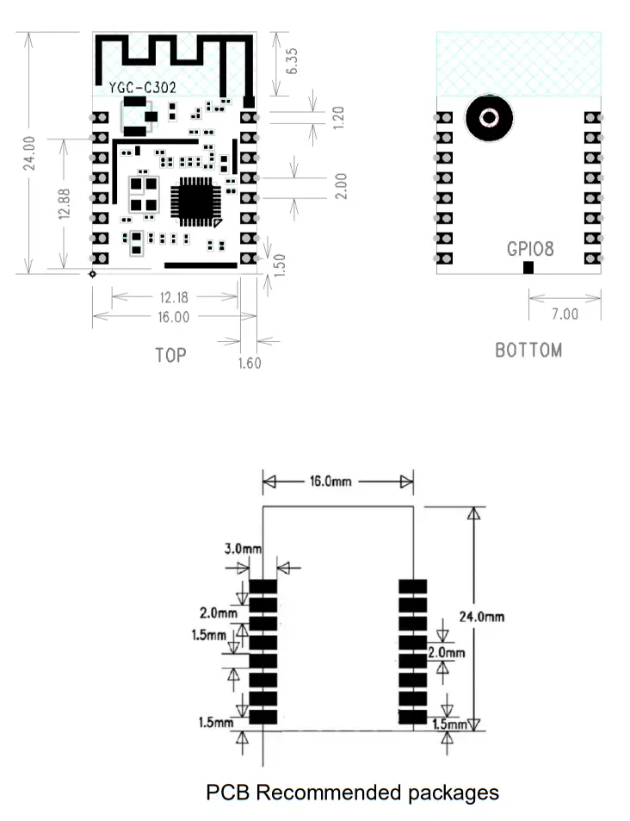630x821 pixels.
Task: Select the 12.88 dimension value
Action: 63,203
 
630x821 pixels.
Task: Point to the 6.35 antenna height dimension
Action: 293,61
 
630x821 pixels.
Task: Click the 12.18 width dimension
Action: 174,297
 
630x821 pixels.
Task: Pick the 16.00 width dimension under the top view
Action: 174,317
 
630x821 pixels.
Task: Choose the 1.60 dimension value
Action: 249,363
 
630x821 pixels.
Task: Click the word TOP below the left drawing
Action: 170,354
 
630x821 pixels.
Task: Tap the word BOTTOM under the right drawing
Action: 528,351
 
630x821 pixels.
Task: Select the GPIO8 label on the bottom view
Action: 530,249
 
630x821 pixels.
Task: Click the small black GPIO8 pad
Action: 528,268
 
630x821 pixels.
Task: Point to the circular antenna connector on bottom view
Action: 489,118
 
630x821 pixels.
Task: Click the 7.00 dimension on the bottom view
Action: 565,314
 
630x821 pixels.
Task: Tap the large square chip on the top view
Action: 195,202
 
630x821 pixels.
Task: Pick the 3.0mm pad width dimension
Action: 243,548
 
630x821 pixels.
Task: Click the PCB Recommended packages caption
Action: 352,792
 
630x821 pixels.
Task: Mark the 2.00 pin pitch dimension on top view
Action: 341,185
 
